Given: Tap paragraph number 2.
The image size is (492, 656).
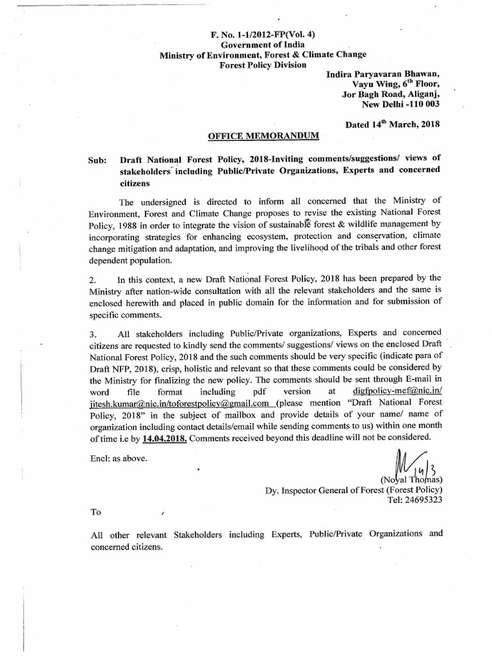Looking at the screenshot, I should pyautogui.click(x=94, y=279).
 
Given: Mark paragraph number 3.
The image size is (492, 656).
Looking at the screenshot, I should pyautogui.click(x=94, y=334).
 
